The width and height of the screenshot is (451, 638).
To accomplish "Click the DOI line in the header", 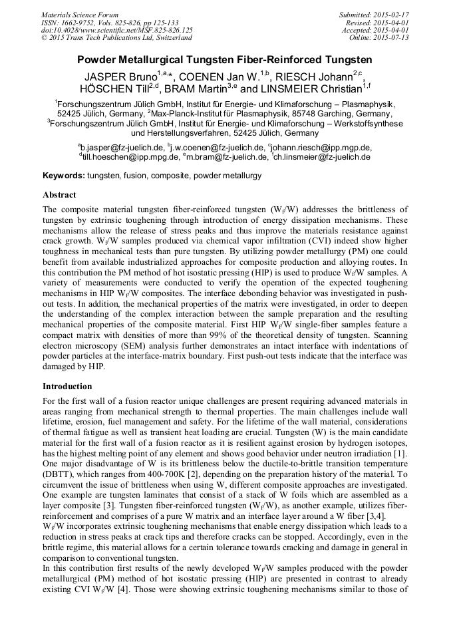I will [x=117, y=30].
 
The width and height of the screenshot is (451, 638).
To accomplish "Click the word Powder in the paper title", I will [x=98, y=59].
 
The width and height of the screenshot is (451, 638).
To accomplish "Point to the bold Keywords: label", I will [x=64, y=176].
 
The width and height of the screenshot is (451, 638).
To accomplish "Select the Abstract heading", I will [x=59, y=196].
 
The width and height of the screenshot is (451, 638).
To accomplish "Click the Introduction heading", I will [x=67, y=387].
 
